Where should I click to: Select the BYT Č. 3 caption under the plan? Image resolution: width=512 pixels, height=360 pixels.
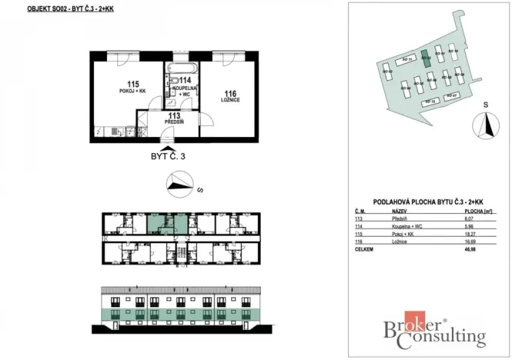click(168, 155)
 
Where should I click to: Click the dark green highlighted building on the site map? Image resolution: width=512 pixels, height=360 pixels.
click(424, 59)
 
